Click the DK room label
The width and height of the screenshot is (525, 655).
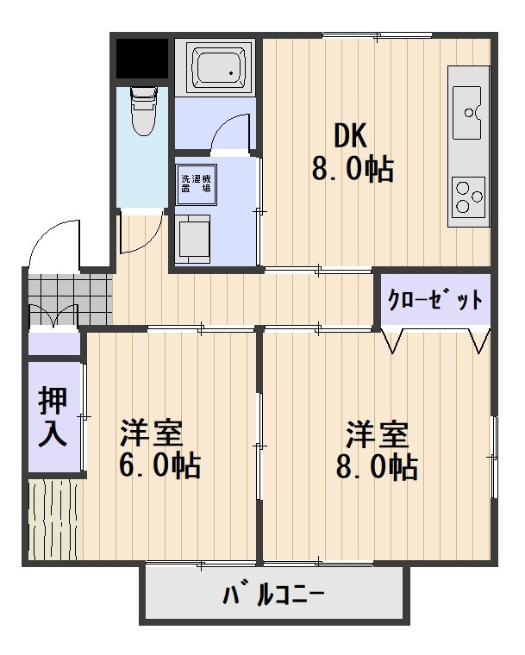point(351,135)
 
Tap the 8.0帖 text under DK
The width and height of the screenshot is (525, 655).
point(353,168)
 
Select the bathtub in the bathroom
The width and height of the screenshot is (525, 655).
point(216,67)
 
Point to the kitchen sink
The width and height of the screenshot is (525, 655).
point(469,111)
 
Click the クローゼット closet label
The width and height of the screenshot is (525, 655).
point(434,301)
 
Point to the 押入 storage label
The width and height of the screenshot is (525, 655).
point(53,416)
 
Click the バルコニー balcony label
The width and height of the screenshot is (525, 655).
point(274,595)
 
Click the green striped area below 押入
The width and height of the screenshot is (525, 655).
point(53,517)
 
